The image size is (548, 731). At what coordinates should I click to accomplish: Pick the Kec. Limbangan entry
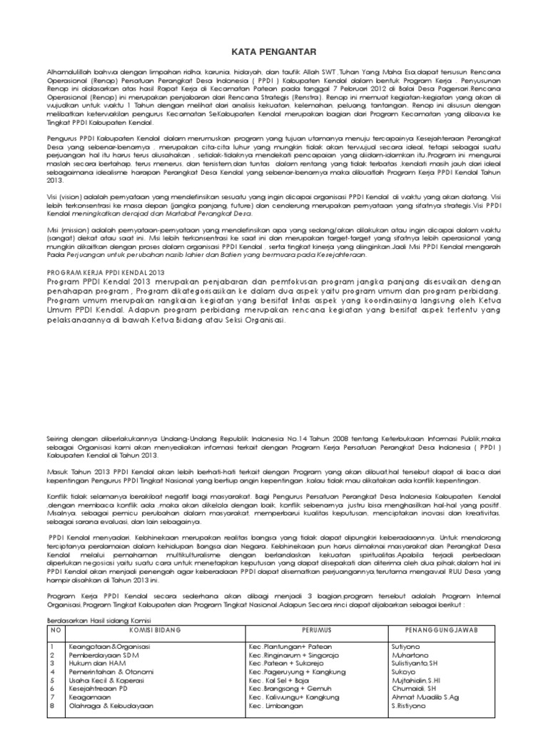coord(277,707)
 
